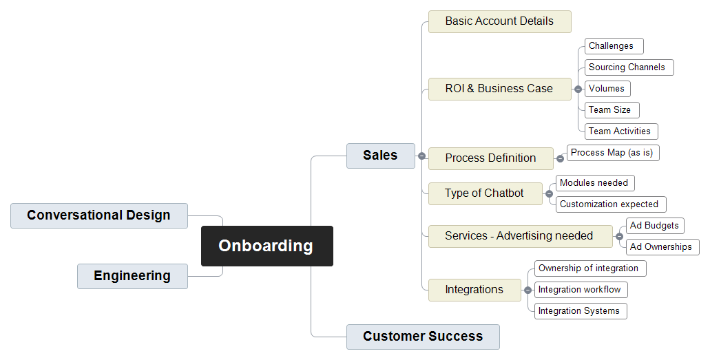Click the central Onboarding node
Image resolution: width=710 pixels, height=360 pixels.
pos(267,246)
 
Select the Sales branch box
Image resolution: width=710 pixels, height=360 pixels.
pos(380,156)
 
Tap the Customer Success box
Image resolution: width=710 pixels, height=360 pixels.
pos(423,337)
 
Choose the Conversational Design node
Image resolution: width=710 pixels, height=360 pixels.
pos(98,215)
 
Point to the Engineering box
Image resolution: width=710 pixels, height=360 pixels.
pos(132,276)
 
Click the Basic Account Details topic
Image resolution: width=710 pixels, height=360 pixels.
pos(499,22)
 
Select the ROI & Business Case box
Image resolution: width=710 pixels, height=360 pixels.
pos(499,89)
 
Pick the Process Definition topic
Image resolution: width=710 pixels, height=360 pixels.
pos(491,158)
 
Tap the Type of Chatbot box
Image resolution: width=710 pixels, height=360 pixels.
pos(485,194)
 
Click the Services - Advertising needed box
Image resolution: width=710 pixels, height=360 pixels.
pos(520,236)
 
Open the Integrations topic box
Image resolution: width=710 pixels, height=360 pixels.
pos(474,290)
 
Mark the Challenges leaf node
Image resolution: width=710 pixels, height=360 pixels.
pos(614,46)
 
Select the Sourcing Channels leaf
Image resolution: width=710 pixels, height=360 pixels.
pos(629,67)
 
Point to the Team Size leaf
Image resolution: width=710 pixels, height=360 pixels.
pos(612,110)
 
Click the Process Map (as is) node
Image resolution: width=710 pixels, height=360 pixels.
pos(613,153)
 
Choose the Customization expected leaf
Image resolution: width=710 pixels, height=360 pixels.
pos(611,204)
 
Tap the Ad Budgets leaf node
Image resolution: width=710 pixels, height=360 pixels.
pos(655,226)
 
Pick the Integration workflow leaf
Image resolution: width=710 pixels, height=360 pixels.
pos(581,290)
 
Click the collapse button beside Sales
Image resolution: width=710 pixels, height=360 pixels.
pos(421,156)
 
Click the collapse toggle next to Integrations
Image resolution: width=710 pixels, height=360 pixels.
pos(528,290)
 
